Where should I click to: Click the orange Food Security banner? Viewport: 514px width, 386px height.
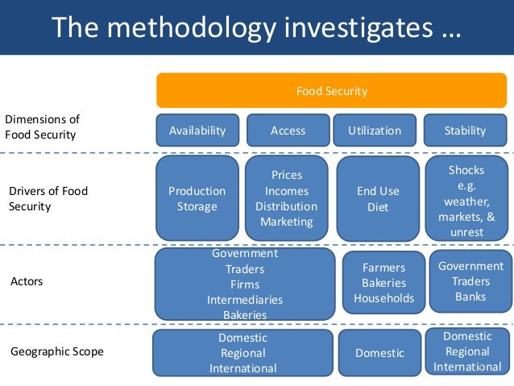(x=331, y=91)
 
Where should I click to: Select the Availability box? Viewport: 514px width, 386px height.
(x=197, y=131)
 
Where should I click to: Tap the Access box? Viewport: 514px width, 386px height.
(x=288, y=131)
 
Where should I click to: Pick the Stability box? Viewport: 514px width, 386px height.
(x=465, y=131)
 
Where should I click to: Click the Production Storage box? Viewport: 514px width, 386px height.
(x=197, y=199)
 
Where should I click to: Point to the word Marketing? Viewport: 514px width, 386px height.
(x=286, y=222)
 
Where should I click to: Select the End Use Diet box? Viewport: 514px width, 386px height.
(x=378, y=199)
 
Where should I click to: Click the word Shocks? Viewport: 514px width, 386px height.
(x=466, y=170)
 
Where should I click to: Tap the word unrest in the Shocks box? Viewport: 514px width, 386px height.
(x=466, y=232)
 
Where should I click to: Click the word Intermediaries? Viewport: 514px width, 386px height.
(x=244, y=299)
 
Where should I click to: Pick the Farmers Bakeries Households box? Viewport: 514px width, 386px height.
(x=383, y=283)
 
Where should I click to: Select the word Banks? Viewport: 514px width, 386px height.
(x=470, y=297)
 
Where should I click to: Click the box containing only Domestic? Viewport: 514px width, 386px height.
(x=379, y=353)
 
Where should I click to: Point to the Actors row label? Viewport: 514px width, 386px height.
(x=27, y=282)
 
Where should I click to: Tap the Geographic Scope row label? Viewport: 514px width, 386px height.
(x=56, y=351)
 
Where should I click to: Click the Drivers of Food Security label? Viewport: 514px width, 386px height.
(x=48, y=199)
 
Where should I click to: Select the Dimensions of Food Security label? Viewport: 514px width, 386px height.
(x=42, y=127)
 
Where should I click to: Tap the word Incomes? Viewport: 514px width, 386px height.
(x=286, y=191)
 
